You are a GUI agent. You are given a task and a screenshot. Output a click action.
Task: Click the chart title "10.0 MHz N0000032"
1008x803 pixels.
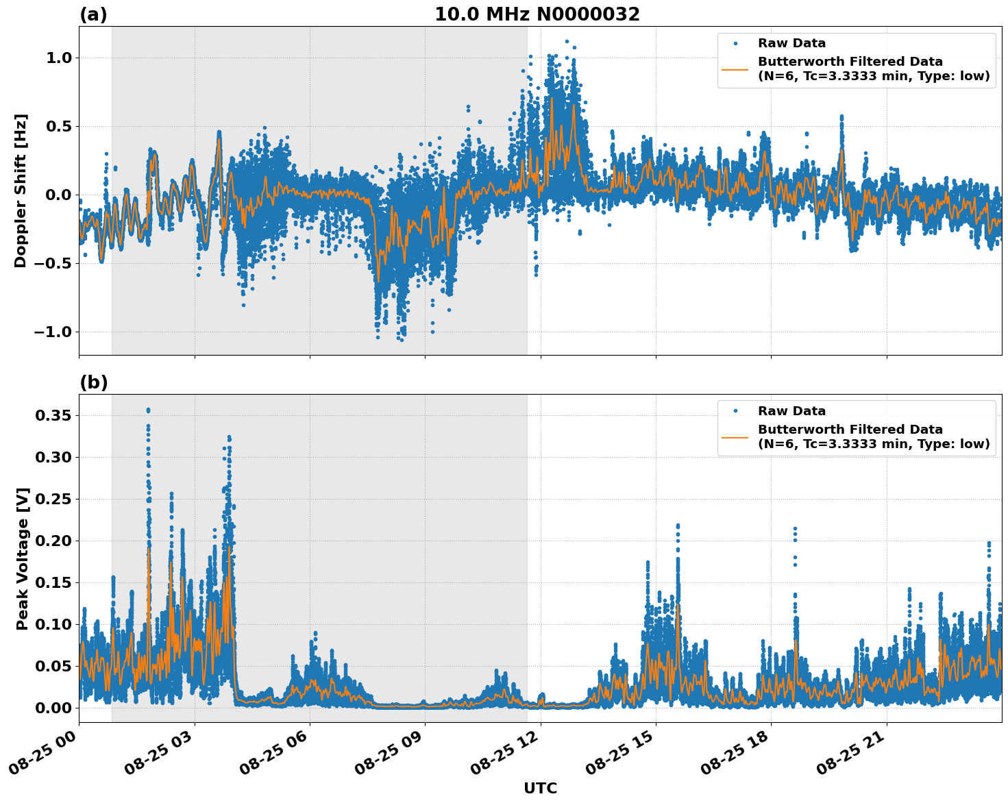click(x=537, y=14)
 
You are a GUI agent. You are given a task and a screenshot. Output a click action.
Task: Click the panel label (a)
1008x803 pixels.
click(x=93, y=14)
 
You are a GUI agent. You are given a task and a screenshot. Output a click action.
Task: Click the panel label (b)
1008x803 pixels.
click(x=93, y=382)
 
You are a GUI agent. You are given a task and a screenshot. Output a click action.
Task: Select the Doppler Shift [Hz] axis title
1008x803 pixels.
click(x=21, y=190)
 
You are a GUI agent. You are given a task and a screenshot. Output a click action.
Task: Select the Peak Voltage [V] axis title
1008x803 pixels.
click(x=23, y=558)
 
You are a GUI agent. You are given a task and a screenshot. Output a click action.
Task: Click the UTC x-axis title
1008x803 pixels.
click(x=540, y=788)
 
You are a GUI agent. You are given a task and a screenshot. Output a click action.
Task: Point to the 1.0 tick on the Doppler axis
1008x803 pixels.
click(x=58, y=58)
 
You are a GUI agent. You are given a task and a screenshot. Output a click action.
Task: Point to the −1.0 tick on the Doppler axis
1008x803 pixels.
click(x=53, y=332)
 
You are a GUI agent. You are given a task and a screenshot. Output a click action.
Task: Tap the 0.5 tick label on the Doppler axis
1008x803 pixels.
click(x=58, y=126)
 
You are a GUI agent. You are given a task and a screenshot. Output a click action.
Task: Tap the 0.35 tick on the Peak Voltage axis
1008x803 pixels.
click(x=55, y=415)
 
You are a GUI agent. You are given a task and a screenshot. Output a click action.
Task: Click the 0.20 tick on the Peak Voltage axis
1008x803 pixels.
click(x=55, y=541)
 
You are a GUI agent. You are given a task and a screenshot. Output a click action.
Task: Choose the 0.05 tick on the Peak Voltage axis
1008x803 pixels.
click(x=55, y=666)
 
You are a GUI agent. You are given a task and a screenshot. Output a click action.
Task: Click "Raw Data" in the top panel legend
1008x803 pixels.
click(x=791, y=43)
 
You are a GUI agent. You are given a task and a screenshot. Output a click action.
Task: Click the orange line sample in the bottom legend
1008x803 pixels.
click(x=735, y=436)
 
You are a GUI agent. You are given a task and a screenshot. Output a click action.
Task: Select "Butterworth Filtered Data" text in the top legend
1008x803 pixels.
click(x=850, y=62)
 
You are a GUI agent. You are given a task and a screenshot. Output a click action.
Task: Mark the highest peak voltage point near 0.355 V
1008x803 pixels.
click(x=148, y=410)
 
